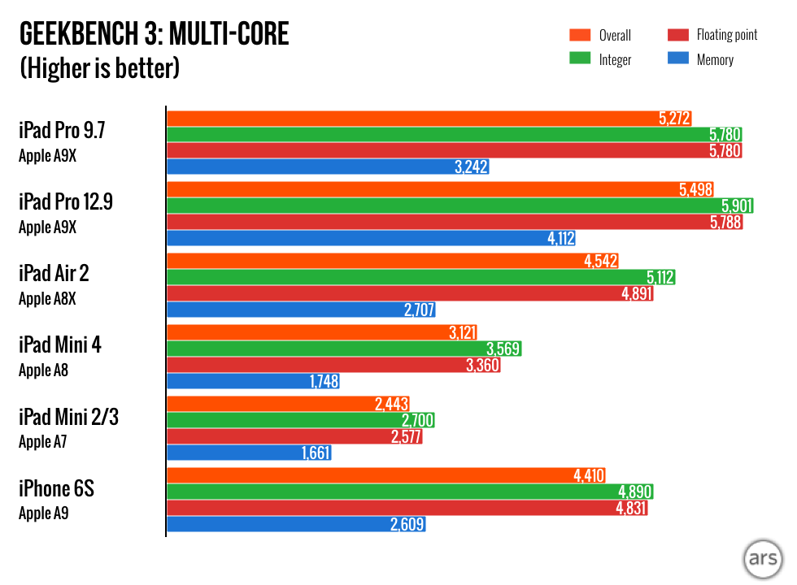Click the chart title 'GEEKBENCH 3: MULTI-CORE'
[154, 35]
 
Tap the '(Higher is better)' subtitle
[99, 68]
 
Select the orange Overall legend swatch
[579, 35]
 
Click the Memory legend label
[715, 59]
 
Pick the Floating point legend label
[727, 35]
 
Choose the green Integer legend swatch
[579, 59]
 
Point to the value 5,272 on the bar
[674, 119]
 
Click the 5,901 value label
[737, 206]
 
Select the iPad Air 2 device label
[54, 273]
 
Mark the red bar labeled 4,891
[410, 293]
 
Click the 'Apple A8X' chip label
[47, 299]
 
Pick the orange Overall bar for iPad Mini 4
[321, 332]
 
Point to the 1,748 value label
[324, 381]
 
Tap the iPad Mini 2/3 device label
[68, 417]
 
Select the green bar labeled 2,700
[300, 420]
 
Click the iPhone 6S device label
[56, 488]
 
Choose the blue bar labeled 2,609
[296, 524]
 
